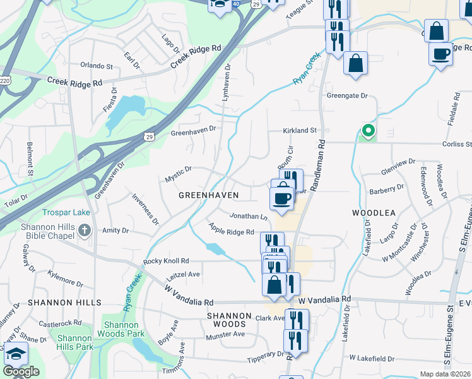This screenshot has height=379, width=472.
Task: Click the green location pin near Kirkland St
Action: [367, 131]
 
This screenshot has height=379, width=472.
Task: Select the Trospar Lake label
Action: [66, 213]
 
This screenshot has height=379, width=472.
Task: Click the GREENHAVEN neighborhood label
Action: [208, 195]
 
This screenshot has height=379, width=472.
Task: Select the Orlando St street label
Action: [97, 65]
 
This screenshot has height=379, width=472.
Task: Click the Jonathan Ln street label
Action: [249, 216]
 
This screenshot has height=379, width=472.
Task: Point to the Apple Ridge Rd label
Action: [231, 232]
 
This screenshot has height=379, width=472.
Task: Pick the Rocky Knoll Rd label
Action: [166, 261]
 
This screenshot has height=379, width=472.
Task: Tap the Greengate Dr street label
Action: [346, 95]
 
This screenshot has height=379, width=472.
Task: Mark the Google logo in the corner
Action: [21, 371]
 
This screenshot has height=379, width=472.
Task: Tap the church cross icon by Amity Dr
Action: [85, 232]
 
